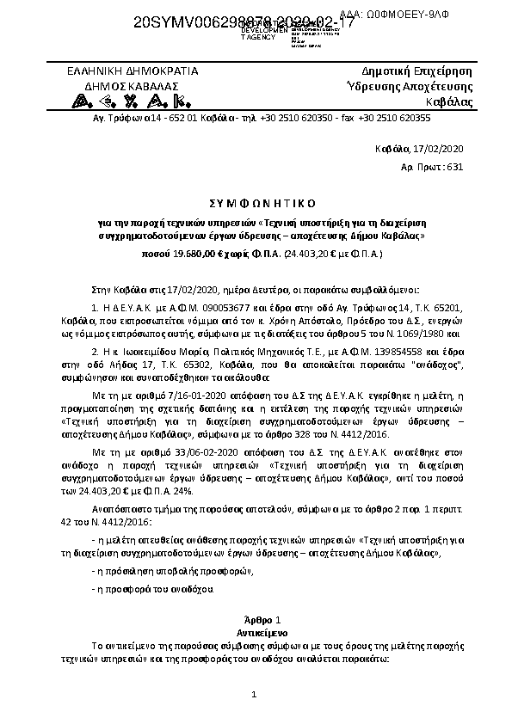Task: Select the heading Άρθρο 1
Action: pos(255,619)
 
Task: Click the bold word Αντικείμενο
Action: pos(255,630)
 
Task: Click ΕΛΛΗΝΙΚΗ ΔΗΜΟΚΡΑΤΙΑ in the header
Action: pos(133,71)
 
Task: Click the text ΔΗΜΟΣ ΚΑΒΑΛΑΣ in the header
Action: pos(133,86)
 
